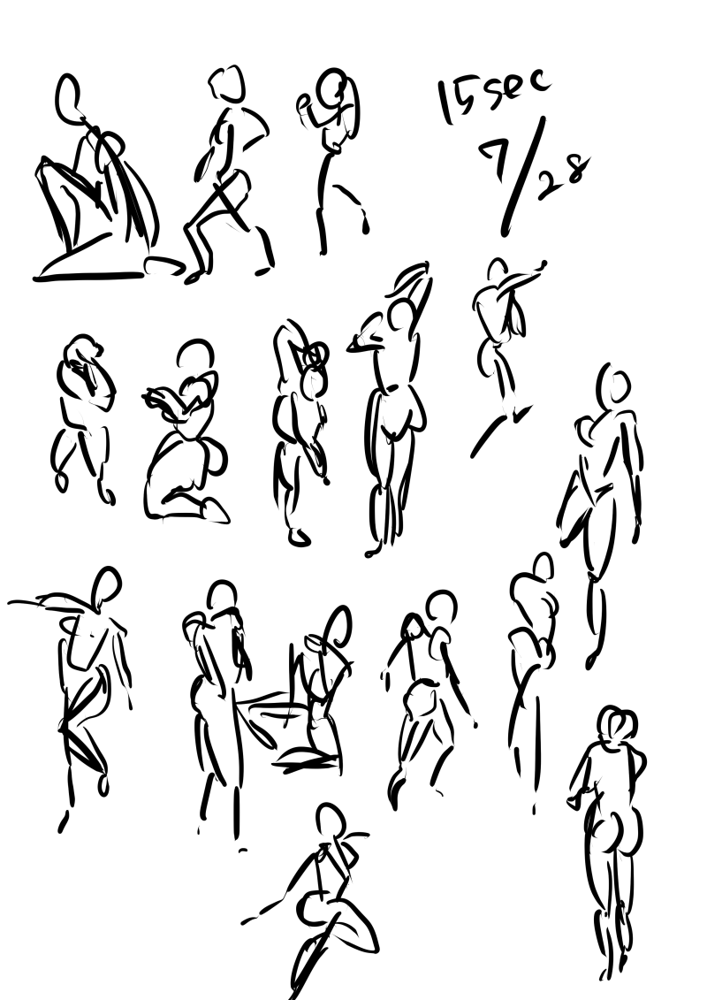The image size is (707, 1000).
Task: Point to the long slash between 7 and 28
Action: click(524, 172)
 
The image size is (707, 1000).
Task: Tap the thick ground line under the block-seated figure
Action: click(88, 277)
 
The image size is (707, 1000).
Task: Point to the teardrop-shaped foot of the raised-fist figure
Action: click(367, 223)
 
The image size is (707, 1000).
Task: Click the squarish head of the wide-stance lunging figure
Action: click(226, 83)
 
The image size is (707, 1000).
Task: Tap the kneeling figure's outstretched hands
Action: click(156, 400)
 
